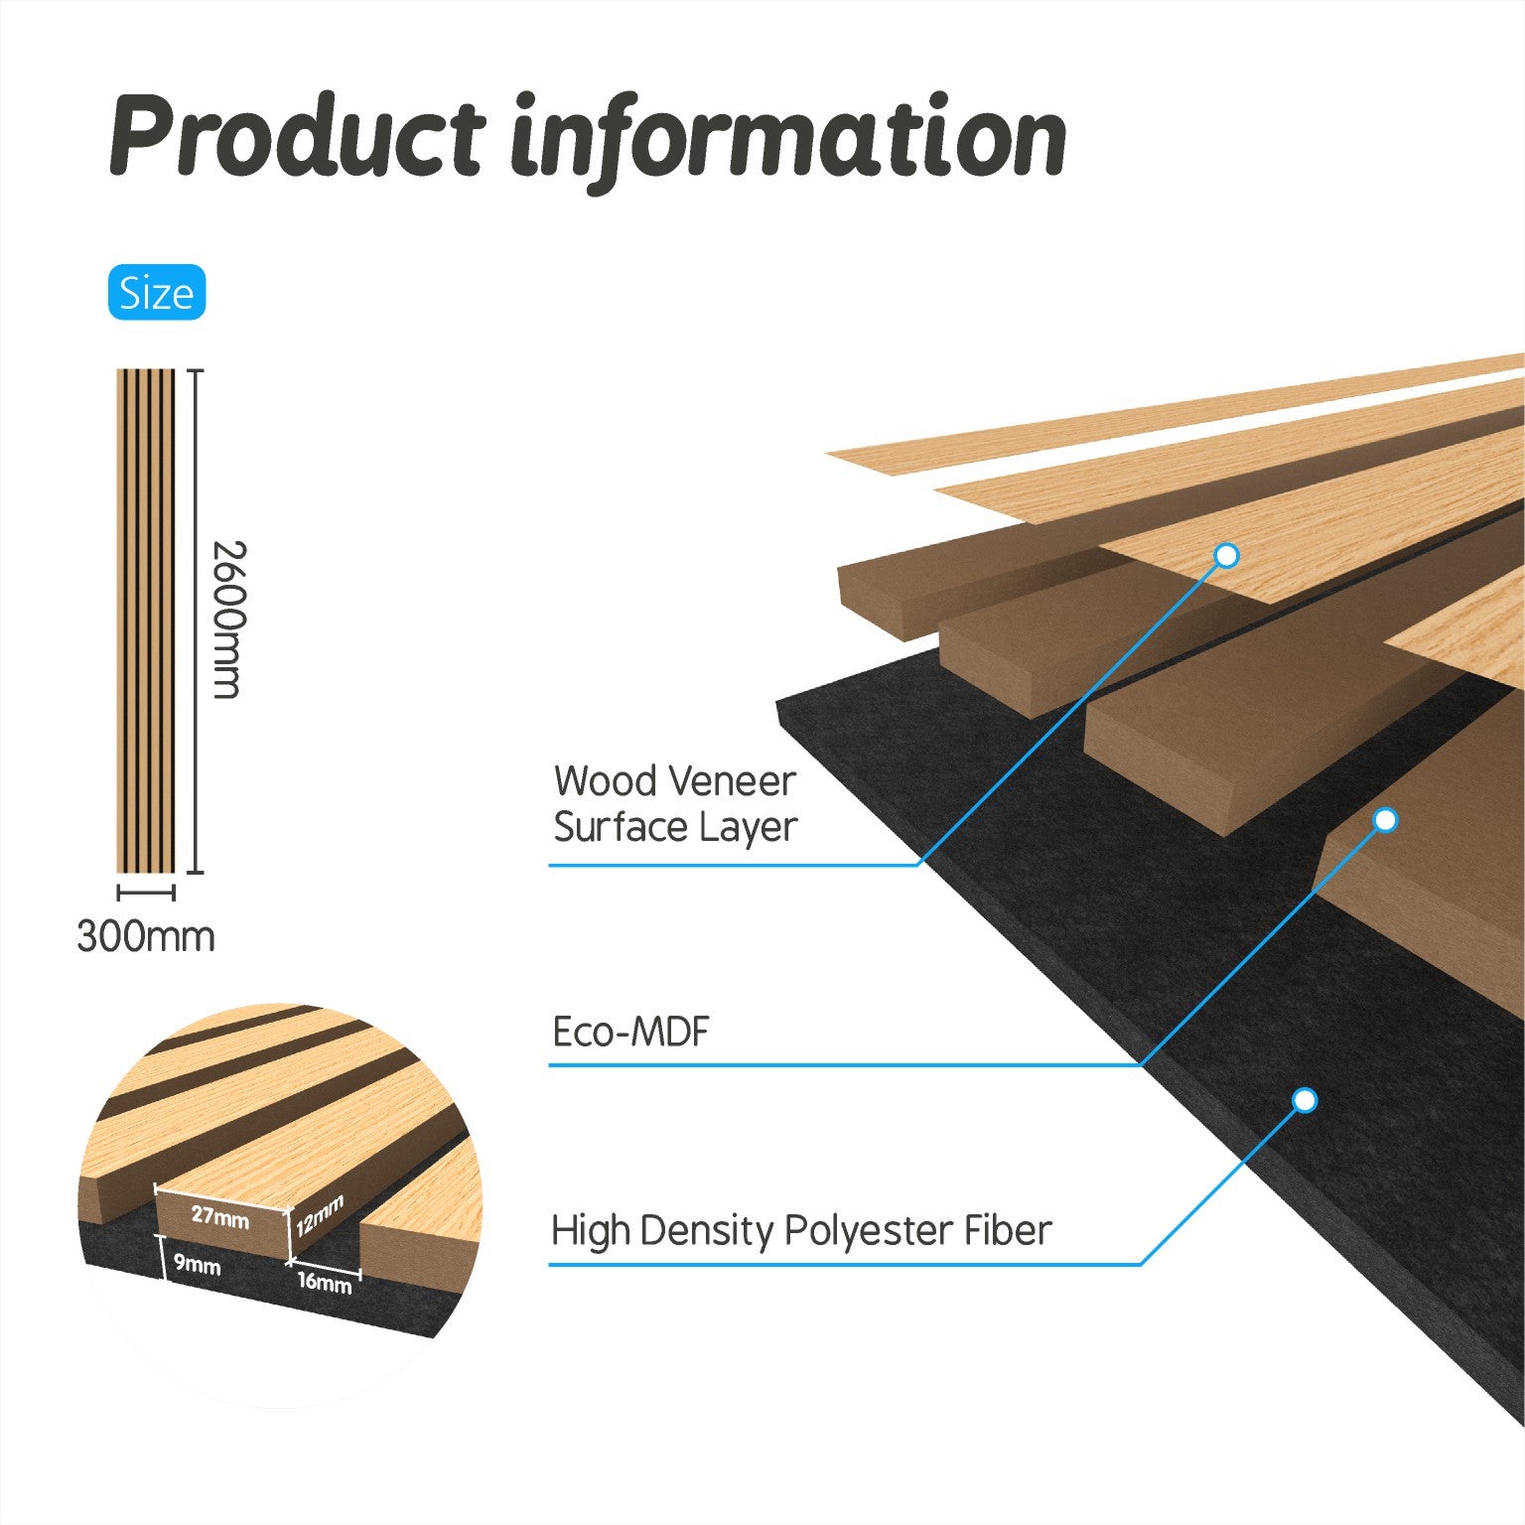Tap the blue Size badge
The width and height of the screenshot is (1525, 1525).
click(157, 293)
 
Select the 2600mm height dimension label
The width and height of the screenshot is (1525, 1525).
click(229, 620)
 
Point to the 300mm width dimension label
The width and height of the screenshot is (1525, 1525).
click(146, 936)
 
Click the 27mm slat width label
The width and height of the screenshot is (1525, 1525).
click(220, 1214)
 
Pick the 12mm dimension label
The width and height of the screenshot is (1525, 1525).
click(319, 1215)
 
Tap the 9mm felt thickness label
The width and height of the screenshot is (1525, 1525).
click(198, 1265)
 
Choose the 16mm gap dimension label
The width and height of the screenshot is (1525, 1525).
click(325, 1282)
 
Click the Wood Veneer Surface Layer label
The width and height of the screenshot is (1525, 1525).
click(675, 803)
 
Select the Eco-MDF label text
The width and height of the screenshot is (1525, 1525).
click(631, 1033)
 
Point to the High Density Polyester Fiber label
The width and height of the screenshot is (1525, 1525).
click(801, 1231)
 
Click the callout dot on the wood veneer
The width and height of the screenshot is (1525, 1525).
click(1227, 556)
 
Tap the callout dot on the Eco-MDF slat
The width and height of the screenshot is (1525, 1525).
click(1386, 820)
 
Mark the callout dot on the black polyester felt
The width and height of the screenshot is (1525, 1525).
click(1306, 1100)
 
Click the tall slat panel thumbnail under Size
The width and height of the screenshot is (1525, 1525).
click(146, 621)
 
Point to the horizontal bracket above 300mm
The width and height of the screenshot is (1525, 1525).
click(146, 892)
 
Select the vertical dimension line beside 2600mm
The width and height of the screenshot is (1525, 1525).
click(196, 622)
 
